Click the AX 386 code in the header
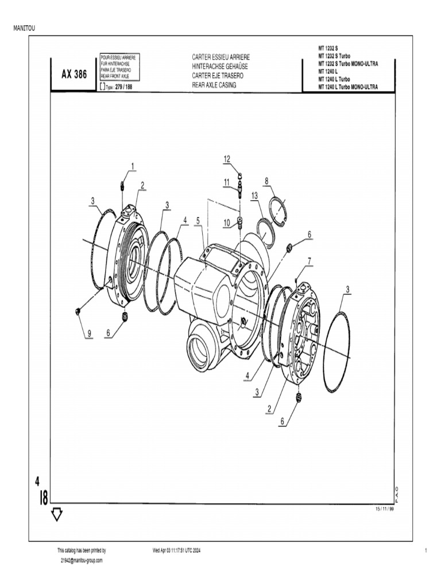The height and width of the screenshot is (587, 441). point(75,74)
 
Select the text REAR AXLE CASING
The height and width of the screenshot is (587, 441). point(214,84)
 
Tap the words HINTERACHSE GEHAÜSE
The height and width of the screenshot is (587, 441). point(220,66)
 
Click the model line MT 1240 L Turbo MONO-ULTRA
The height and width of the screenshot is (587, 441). point(348,87)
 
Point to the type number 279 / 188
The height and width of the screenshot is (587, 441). point(123,88)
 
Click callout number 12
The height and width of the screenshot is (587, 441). point(227,158)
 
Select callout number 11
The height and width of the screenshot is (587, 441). point(227,182)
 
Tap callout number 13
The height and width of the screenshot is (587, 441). point(254,195)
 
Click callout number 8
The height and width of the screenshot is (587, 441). point(266,181)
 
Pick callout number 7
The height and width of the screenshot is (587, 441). point(310,261)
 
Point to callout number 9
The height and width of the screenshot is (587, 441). point(89,334)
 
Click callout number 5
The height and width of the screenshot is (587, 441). point(198,220)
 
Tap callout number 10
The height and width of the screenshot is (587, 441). point(227,222)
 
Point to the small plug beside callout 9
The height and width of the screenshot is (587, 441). point(77,311)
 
